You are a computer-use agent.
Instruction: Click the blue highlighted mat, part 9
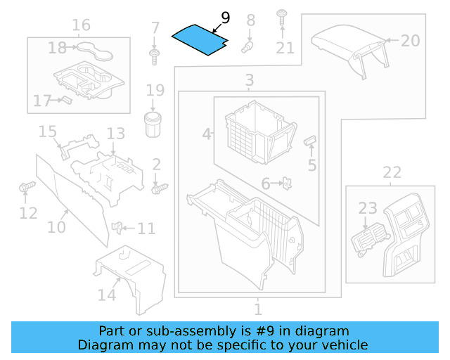pos(200,39)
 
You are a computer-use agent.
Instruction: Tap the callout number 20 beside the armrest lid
pos(410,40)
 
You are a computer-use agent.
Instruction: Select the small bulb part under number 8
pos(247,46)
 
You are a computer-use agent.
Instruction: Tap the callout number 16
pos(81,25)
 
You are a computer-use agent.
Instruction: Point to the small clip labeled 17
pos(65,100)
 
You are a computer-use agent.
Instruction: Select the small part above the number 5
pos(309,141)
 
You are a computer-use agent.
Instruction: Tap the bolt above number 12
pos(27,188)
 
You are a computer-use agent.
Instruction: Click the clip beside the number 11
pos(119,227)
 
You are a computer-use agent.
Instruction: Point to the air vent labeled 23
pos(365,240)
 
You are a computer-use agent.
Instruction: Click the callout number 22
pos(392,172)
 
